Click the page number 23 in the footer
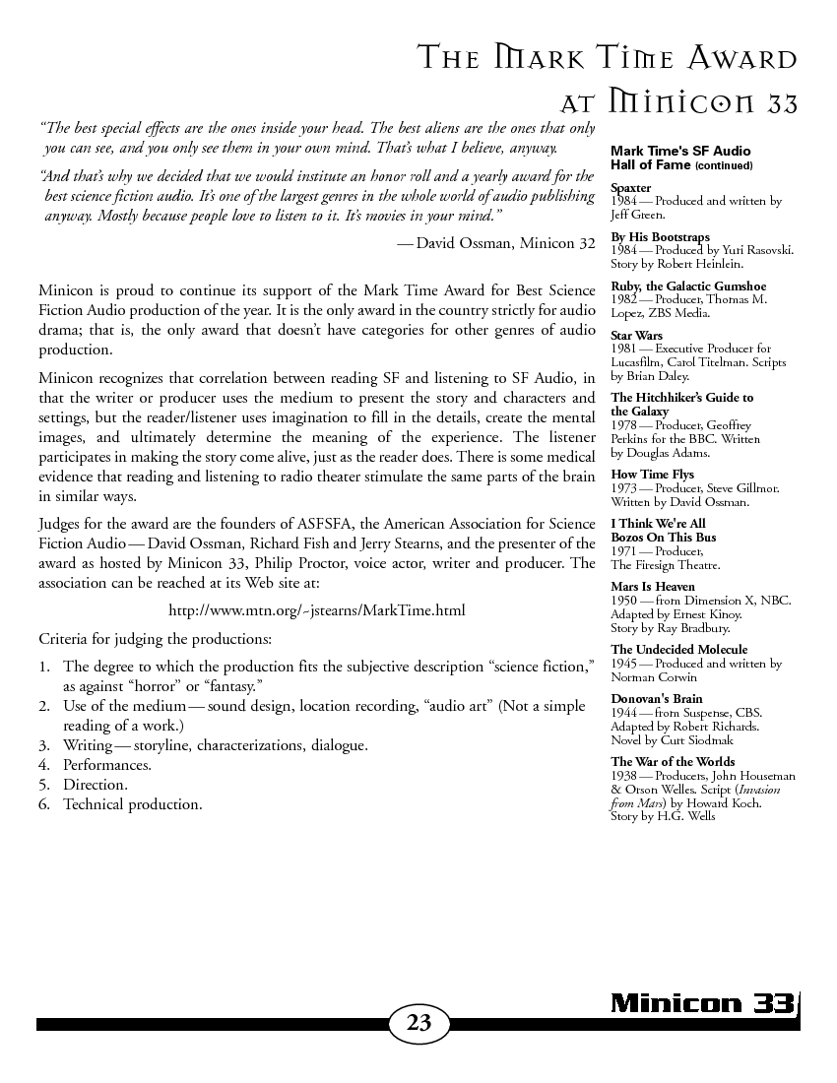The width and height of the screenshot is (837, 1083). coord(418,1022)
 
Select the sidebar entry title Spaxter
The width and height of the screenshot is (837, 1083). coord(631,187)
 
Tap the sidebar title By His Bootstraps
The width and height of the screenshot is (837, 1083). coord(660,237)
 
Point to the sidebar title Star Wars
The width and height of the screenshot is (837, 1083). coord(636,336)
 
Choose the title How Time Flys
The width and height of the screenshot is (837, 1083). coord(652,475)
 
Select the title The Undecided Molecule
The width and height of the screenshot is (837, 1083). coord(678,650)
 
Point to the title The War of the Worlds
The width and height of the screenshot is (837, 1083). coord(673,762)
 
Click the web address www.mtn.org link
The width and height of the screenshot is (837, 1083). coord(316,611)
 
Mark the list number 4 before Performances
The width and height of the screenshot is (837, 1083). coord(44,765)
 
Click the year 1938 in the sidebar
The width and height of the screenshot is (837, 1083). coord(624,776)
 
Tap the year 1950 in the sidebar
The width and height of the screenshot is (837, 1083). coord(624,601)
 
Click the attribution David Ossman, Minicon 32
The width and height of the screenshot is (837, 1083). coord(505,242)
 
